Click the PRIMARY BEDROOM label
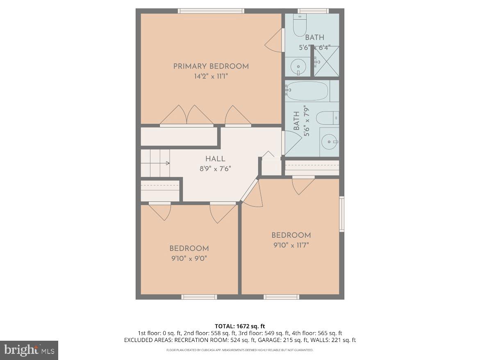(x=211, y=66)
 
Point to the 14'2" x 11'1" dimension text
(x=211, y=76)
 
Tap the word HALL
(x=215, y=159)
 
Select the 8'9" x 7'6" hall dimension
(x=215, y=168)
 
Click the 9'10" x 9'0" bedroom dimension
(x=189, y=258)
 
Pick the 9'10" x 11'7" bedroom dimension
(x=291, y=245)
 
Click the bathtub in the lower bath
(x=307, y=91)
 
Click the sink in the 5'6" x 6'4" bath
(x=299, y=66)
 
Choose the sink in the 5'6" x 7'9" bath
(x=329, y=142)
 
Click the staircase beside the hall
(x=155, y=163)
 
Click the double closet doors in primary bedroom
(x=187, y=116)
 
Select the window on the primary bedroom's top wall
(x=211, y=11)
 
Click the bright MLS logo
(x=29, y=350)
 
